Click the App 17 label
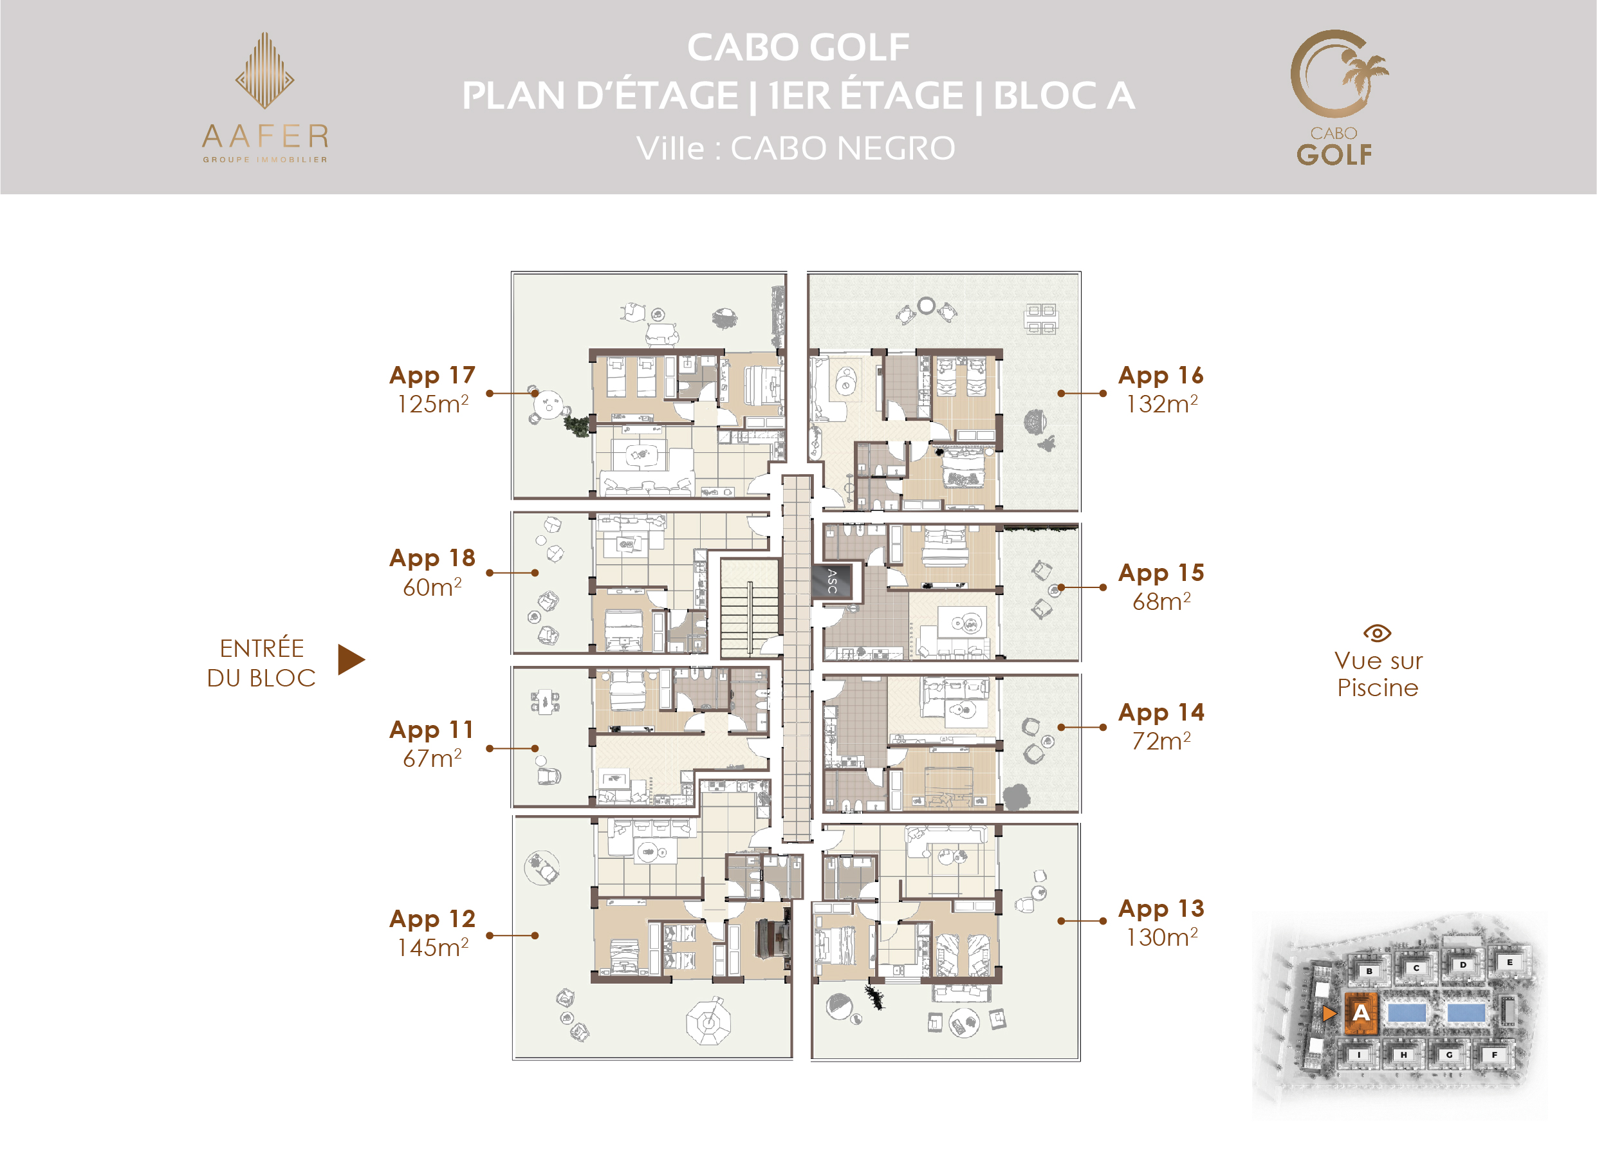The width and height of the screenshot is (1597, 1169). (x=432, y=375)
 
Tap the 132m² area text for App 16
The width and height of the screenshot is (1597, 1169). (x=1161, y=403)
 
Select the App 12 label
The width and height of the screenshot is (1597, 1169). (x=432, y=919)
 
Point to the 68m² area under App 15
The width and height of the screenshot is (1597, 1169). (x=1161, y=601)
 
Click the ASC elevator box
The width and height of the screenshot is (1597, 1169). (x=832, y=581)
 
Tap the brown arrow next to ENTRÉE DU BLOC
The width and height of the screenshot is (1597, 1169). (x=351, y=659)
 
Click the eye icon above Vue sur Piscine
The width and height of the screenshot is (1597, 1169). (x=1377, y=632)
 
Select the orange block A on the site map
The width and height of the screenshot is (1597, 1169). (x=1360, y=1013)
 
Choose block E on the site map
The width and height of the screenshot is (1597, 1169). (x=1509, y=962)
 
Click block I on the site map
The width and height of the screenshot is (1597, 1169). (x=1358, y=1054)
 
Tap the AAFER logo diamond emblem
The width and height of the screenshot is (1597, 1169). (x=264, y=70)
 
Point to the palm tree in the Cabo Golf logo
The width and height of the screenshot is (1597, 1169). (x=1365, y=73)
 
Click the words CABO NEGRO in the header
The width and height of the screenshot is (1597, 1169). (x=843, y=148)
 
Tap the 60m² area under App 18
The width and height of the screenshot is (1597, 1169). (x=432, y=587)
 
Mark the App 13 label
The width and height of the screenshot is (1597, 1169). (x=1161, y=908)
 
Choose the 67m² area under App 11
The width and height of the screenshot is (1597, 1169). (x=432, y=758)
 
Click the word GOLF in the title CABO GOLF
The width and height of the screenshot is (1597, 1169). (x=859, y=48)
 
